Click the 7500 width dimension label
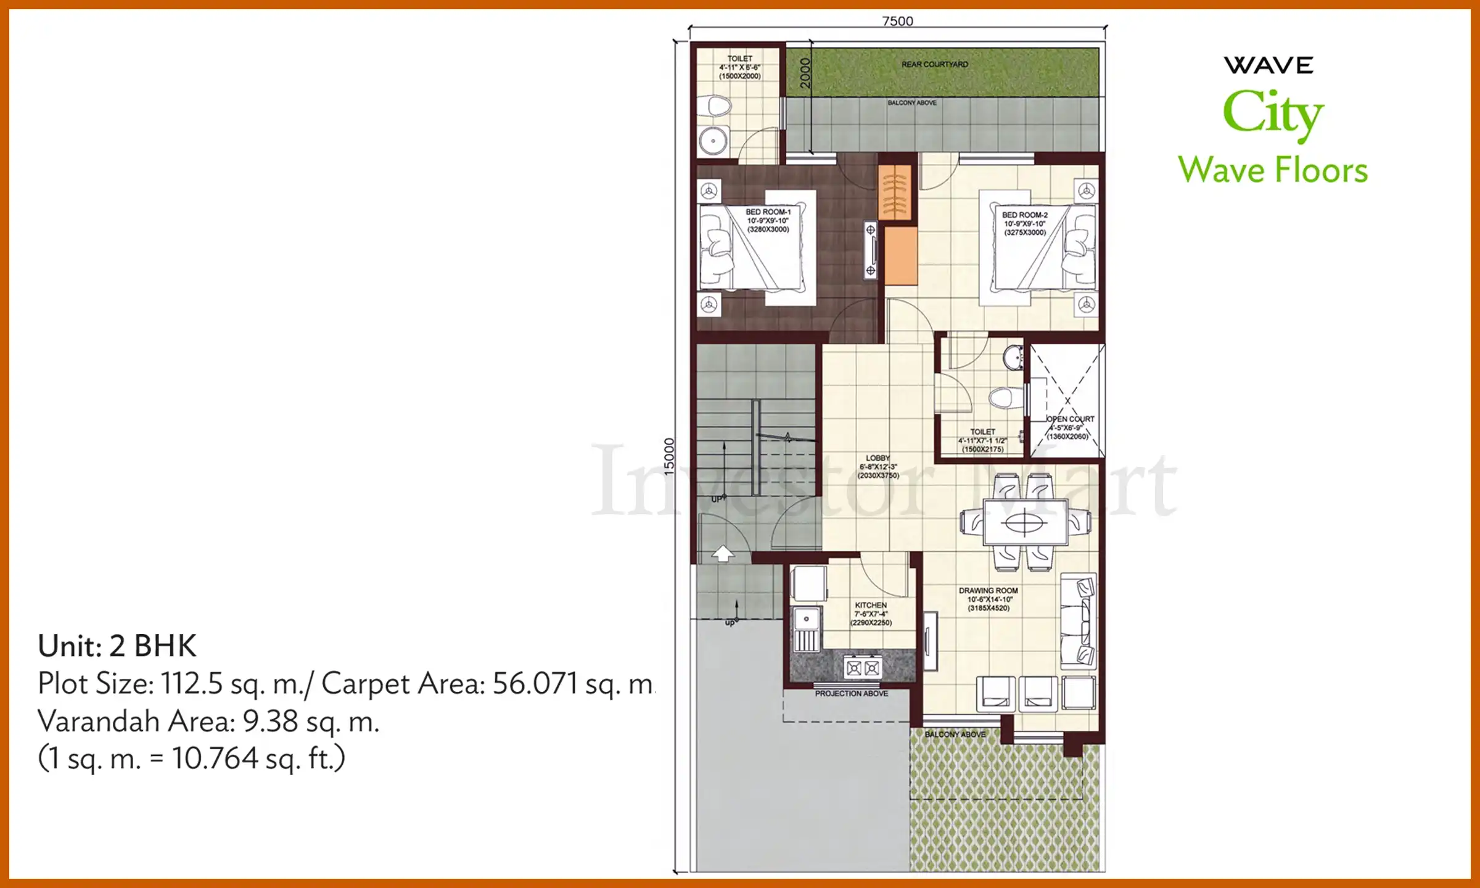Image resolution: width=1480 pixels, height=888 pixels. pos(897,21)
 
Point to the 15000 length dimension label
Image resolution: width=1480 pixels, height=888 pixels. pos(669,456)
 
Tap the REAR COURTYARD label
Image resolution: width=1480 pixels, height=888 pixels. pos(934,64)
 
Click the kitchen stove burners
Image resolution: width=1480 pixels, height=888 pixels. pos(863,667)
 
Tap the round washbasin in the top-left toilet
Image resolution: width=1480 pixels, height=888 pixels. pos(713,141)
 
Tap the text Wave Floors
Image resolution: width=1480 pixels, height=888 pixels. pos(1272,170)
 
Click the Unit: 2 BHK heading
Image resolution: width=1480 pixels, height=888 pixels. pos(117,646)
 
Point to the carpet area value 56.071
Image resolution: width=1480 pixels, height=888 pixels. pos(535,684)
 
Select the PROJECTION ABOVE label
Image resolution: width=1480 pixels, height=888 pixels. pos(851,694)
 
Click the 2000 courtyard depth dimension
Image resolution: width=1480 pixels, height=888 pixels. pos(805,73)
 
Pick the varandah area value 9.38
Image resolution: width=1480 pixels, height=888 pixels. pos(270,721)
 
